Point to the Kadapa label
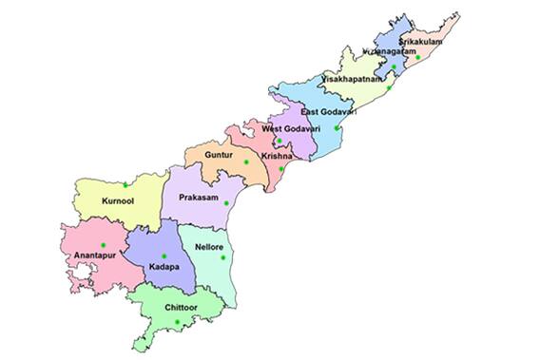point(163,268)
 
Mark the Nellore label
point(209,247)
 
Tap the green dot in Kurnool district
point(125,183)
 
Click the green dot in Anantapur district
point(103,245)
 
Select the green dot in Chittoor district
point(177,323)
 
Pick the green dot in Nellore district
point(222,257)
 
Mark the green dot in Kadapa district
point(164,256)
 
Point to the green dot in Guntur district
point(245,162)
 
